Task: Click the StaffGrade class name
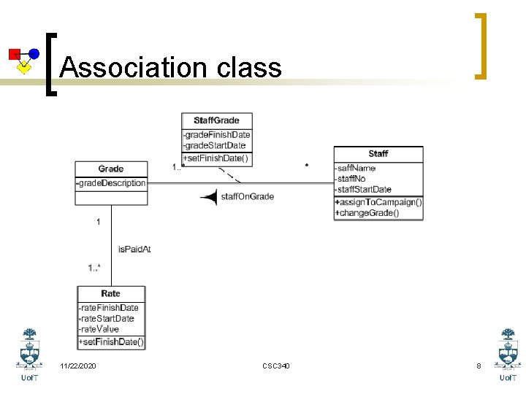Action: pyautogui.click(x=216, y=120)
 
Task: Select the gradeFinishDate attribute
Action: pyautogui.click(x=216, y=134)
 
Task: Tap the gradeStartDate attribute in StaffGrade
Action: pyautogui.click(x=215, y=145)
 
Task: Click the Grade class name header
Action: pyautogui.click(x=111, y=169)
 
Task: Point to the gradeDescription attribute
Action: pyautogui.click(x=111, y=183)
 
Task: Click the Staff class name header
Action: pyautogui.click(x=378, y=154)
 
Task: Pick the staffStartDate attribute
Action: pyautogui.click(x=363, y=190)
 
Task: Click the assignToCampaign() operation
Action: pyautogui.click(x=378, y=202)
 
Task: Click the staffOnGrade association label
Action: pyautogui.click(x=247, y=196)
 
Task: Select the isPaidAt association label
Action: pyautogui.click(x=134, y=250)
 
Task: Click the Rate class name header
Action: pyautogui.click(x=111, y=293)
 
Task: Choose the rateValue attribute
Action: pyautogui.click(x=99, y=329)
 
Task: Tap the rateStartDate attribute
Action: pyautogui.click(x=107, y=318)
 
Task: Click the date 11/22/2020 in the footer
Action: pyautogui.click(x=78, y=366)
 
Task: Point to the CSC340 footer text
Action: pyautogui.click(x=275, y=366)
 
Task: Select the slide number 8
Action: pyautogui.click(x=479, y=366)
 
